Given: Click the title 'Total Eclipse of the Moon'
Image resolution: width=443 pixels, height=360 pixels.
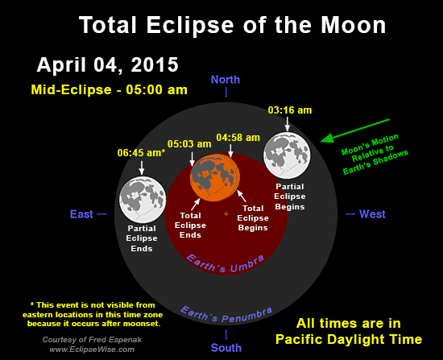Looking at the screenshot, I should coord(232,26).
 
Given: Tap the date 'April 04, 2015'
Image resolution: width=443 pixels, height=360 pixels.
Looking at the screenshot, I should coord(107,64).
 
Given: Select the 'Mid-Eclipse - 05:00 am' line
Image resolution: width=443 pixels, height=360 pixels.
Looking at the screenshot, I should coord(109,88).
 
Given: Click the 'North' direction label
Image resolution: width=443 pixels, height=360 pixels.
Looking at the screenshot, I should coord(226,79).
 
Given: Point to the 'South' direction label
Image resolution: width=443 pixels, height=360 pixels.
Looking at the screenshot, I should coord(226,348).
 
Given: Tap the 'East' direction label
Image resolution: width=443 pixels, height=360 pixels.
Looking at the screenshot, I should coord(81,214).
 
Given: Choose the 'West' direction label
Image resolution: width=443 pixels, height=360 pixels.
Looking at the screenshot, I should coord(371,214).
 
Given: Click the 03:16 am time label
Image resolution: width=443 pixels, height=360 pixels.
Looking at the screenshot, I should coord(288,110).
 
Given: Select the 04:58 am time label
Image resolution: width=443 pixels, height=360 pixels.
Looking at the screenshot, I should coord(238,137).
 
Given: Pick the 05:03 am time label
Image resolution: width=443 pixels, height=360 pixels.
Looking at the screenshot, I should coord(190,144).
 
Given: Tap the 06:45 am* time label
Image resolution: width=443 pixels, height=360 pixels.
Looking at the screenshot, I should coord(142,152).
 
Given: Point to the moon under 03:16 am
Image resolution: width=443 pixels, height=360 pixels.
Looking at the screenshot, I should coord(288,155).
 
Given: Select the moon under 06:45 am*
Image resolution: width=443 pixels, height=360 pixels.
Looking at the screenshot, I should coord(142,199).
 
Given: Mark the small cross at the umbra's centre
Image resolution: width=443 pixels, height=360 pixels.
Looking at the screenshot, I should coord(226,214).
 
